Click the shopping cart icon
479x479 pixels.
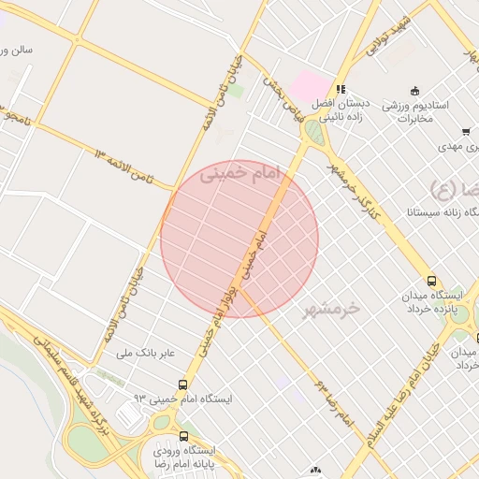pos(465,132)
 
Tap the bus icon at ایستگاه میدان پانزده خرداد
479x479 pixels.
pos(431,281)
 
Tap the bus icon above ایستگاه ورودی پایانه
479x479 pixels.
pos(183,435)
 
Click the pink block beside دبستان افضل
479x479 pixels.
pos(309,87)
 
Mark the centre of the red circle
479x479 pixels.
pos(239,239)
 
